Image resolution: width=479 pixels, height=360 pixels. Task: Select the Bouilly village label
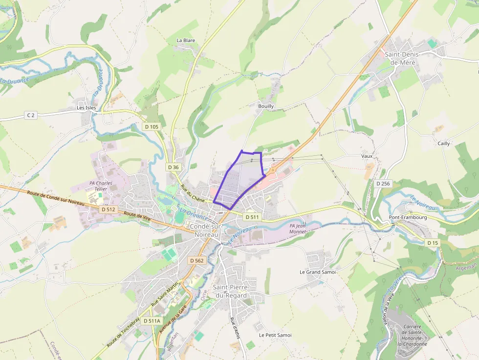tap(266, 106)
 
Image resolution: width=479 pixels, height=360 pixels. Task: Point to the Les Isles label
tap(87, 107)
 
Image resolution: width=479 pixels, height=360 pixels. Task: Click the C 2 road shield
tap(31, 115)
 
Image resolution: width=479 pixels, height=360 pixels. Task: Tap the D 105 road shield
tap(152, 127)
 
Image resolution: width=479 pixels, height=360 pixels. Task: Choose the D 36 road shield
tap(174, 167)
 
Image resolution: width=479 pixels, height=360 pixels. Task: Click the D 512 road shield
tap(109, 209)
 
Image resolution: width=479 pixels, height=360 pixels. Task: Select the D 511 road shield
tap(252, 216)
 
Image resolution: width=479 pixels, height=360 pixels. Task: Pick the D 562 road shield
tap(196, 260)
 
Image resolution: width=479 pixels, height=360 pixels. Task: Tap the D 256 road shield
tap(383, 183)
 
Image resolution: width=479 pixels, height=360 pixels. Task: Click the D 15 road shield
tap(433, 243)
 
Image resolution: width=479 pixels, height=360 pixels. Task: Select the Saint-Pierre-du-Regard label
tap(232, 292)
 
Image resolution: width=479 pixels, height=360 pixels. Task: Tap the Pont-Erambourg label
tap(408, 217)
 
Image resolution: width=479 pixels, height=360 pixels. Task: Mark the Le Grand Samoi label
tap(318, 272)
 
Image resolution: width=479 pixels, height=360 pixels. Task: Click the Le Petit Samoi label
tap(275, 335)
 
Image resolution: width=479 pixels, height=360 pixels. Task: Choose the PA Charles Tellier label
tap(101, 186)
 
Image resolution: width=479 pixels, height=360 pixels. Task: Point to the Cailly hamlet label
tap(444, 144)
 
